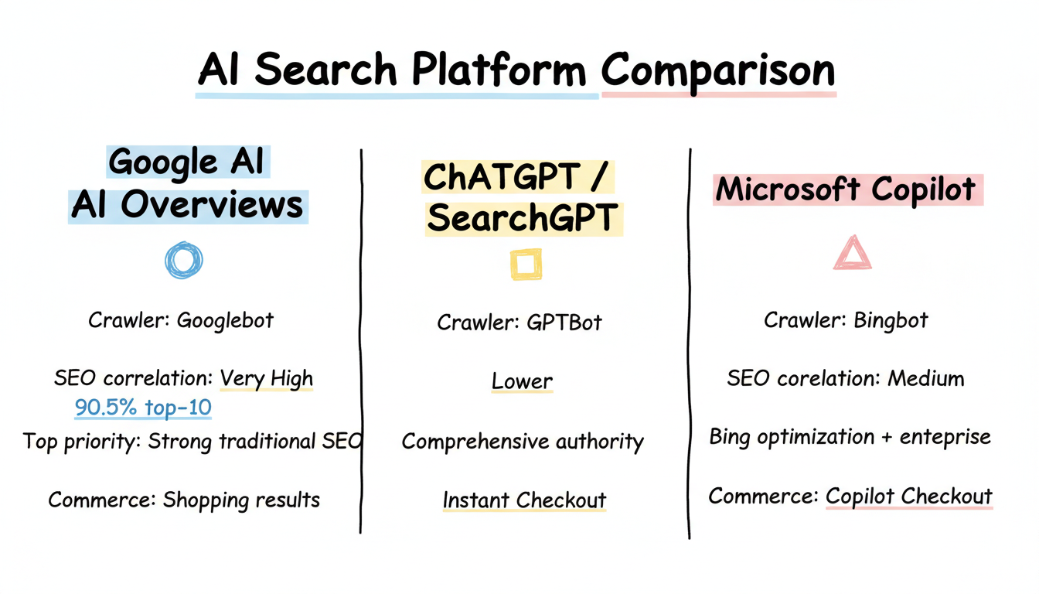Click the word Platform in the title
click(499, 70)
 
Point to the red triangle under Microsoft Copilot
click(852, 254)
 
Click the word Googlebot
click(225, 320)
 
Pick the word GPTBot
click(564, 323)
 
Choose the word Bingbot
click(891, 320)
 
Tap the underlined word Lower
click(523, 381)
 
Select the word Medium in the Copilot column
click(925, 379)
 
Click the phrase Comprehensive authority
click(523, 442)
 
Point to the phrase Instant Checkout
click(524, 500)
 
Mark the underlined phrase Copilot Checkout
click(908, 496)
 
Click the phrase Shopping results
click(240, 500)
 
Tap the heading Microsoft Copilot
click(847, 189)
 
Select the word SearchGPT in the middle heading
click(523, 219)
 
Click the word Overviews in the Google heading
click(211, 205)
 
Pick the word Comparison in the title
click(718, 70)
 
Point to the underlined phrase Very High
click(267, 379)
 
